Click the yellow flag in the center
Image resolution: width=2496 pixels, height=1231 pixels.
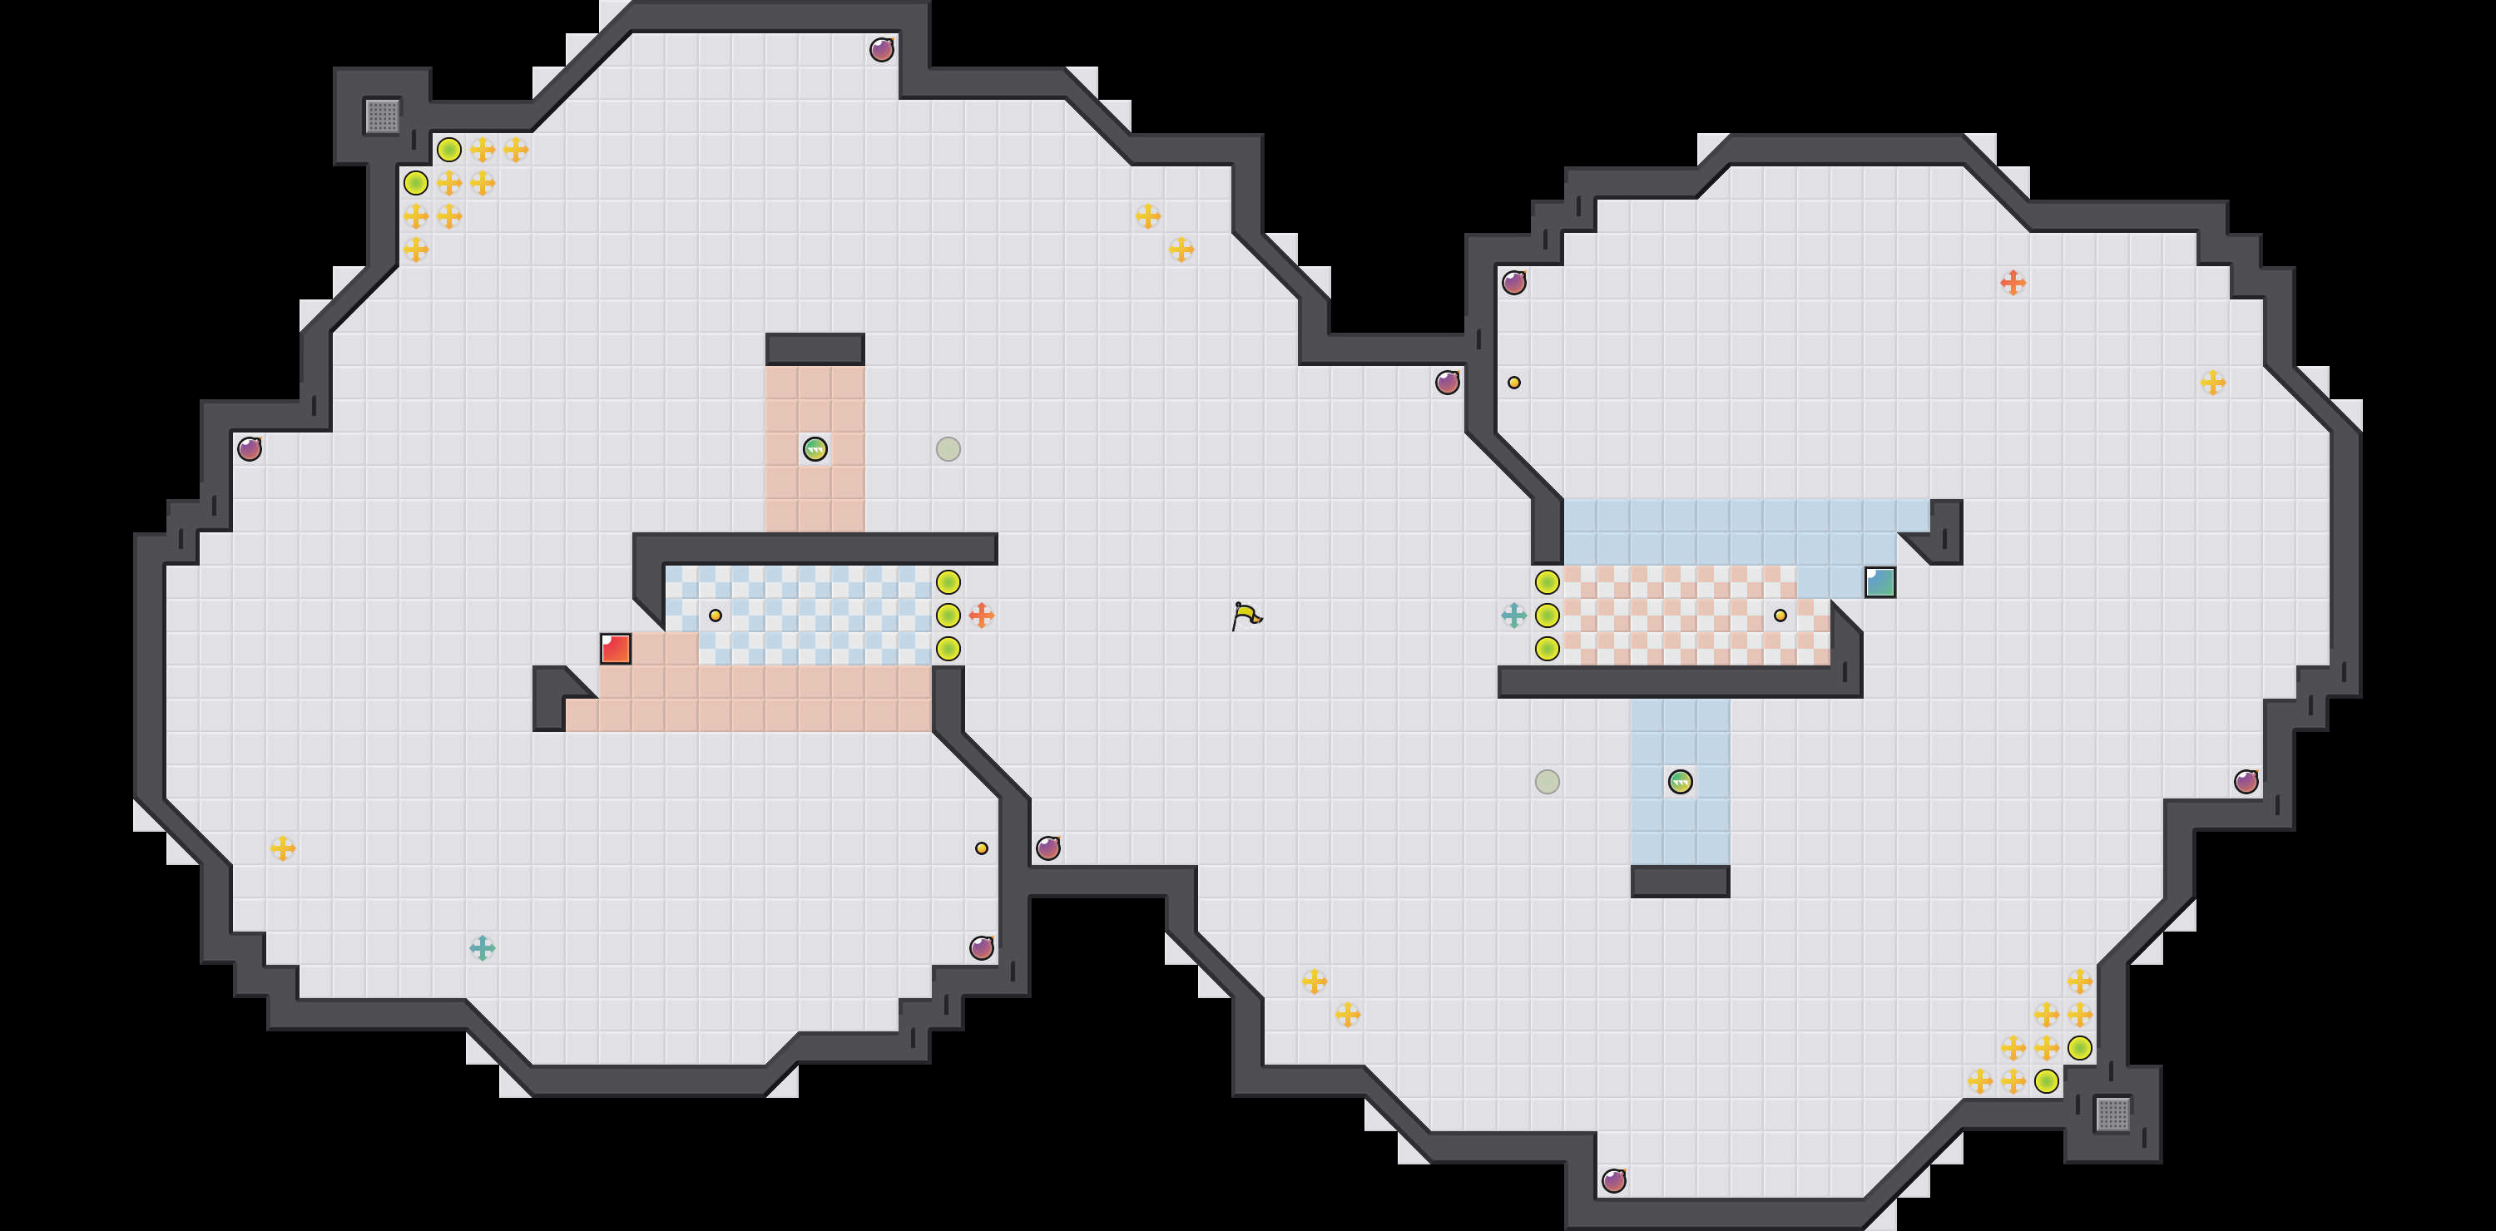point(1246,615)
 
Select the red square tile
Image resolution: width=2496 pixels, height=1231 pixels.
point(616,649)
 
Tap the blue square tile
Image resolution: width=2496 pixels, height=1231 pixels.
point(1879,582)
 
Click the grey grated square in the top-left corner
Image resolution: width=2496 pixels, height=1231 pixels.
point(382,116)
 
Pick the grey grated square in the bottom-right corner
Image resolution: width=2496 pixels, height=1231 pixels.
point(2112,1114)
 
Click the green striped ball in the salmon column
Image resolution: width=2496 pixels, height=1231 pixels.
point(815,449)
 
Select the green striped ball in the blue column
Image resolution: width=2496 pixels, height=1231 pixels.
point(1680,782)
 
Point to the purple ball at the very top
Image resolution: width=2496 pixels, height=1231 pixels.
point(881,49)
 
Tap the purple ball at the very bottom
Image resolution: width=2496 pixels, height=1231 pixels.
point(1613,1180)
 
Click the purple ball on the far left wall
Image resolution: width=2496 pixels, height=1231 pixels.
point(249,449)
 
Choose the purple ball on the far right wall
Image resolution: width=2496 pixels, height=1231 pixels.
point(2246,782)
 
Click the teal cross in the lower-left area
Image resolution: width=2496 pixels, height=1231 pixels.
point(482,948)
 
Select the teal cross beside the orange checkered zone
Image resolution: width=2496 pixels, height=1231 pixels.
point(1513,615)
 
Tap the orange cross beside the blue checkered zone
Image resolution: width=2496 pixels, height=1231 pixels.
point(982,615)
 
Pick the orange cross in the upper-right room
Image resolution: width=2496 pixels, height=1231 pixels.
point(2013,283)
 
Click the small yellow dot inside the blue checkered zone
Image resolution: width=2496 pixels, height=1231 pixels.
point(715,615)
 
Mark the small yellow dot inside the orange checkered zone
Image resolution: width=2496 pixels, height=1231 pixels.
point(1780,615)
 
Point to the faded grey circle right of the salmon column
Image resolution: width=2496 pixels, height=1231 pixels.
point(948,449)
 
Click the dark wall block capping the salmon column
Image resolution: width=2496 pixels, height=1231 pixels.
point(815,349)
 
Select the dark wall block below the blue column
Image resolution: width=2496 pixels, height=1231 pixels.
point(1680,882)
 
